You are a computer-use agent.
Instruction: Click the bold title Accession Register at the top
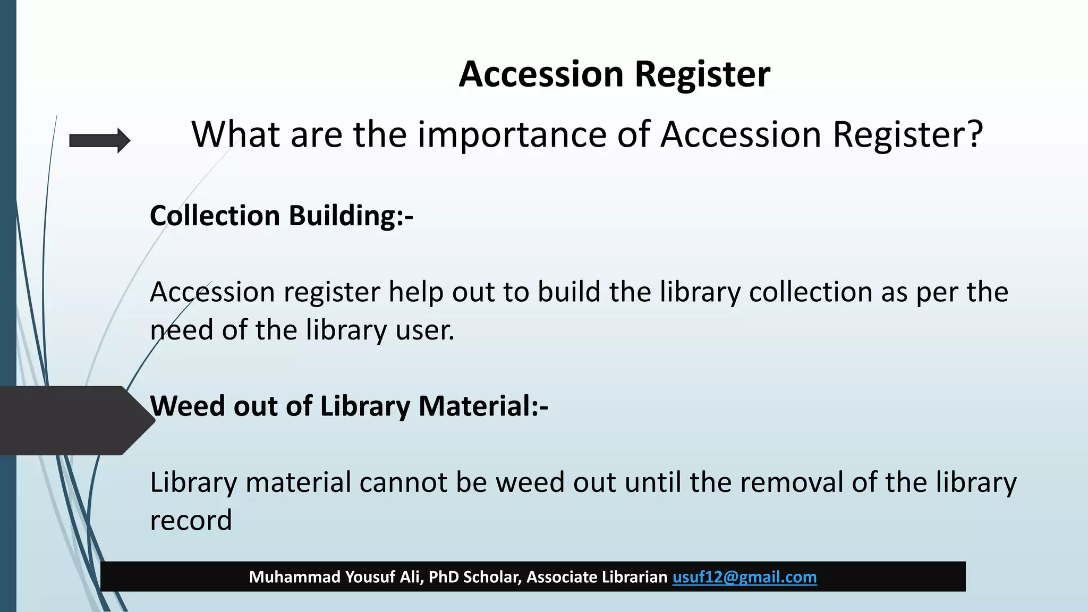pos(614,74)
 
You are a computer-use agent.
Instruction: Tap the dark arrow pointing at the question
pos(99,141)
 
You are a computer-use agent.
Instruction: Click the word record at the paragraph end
pos(191,520)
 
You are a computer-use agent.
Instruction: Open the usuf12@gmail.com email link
pos(744,577)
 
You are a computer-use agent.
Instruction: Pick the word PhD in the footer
pos(444,577)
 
